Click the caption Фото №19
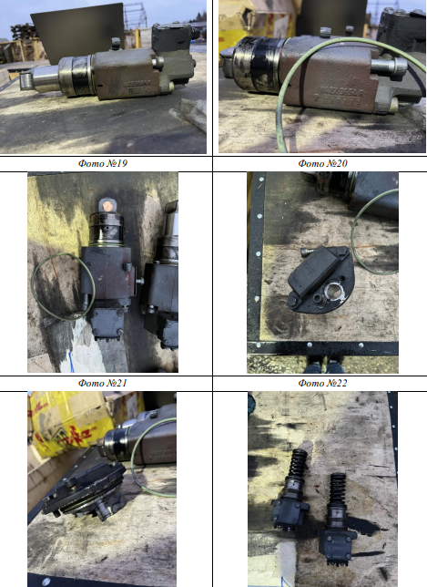pyautogui.click(x=103, y=163)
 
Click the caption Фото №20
pyautogui.click(x=322, y=163)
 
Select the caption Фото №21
pyautogui.click(x=103, y=383)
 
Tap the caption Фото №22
pyautogui.click(x=322, y=383)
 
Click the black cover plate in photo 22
pyautogui.click(x=320, y=278)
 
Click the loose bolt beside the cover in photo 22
pyautogui.click(x=307, y=252)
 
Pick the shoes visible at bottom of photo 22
pyautogui.click(x=323, y=365)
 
